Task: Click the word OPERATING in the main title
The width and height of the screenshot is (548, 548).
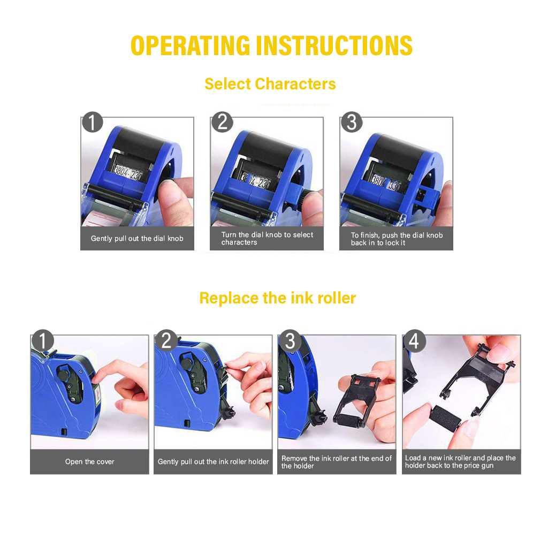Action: click(190, 46)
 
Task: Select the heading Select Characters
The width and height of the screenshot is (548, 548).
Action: click(270, 84)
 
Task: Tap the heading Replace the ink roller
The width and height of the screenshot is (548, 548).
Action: click(277, 298)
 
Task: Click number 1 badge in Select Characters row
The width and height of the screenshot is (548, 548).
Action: click(93, 123)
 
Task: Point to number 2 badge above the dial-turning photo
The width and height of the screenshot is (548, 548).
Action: click(222, 123)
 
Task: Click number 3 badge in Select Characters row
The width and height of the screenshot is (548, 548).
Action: click(352, 123)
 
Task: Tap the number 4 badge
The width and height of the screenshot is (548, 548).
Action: click(414, 341)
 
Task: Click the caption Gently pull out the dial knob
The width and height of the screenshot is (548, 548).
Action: click(137, 239)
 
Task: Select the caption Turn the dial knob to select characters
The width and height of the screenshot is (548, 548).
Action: click(267, 239)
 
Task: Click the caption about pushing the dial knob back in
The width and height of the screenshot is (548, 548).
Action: click(397, 239)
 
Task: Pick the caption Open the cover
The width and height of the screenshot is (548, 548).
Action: click(90, 462)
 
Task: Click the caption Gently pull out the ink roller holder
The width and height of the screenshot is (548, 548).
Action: click(213, 462)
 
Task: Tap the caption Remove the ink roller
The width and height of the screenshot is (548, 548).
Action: click(337, 462)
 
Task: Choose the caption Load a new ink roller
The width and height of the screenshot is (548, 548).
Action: click(460, 462)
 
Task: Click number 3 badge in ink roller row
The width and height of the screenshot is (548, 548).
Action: click(290, 341)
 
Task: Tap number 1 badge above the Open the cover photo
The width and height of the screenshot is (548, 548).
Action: click(43, 341)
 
